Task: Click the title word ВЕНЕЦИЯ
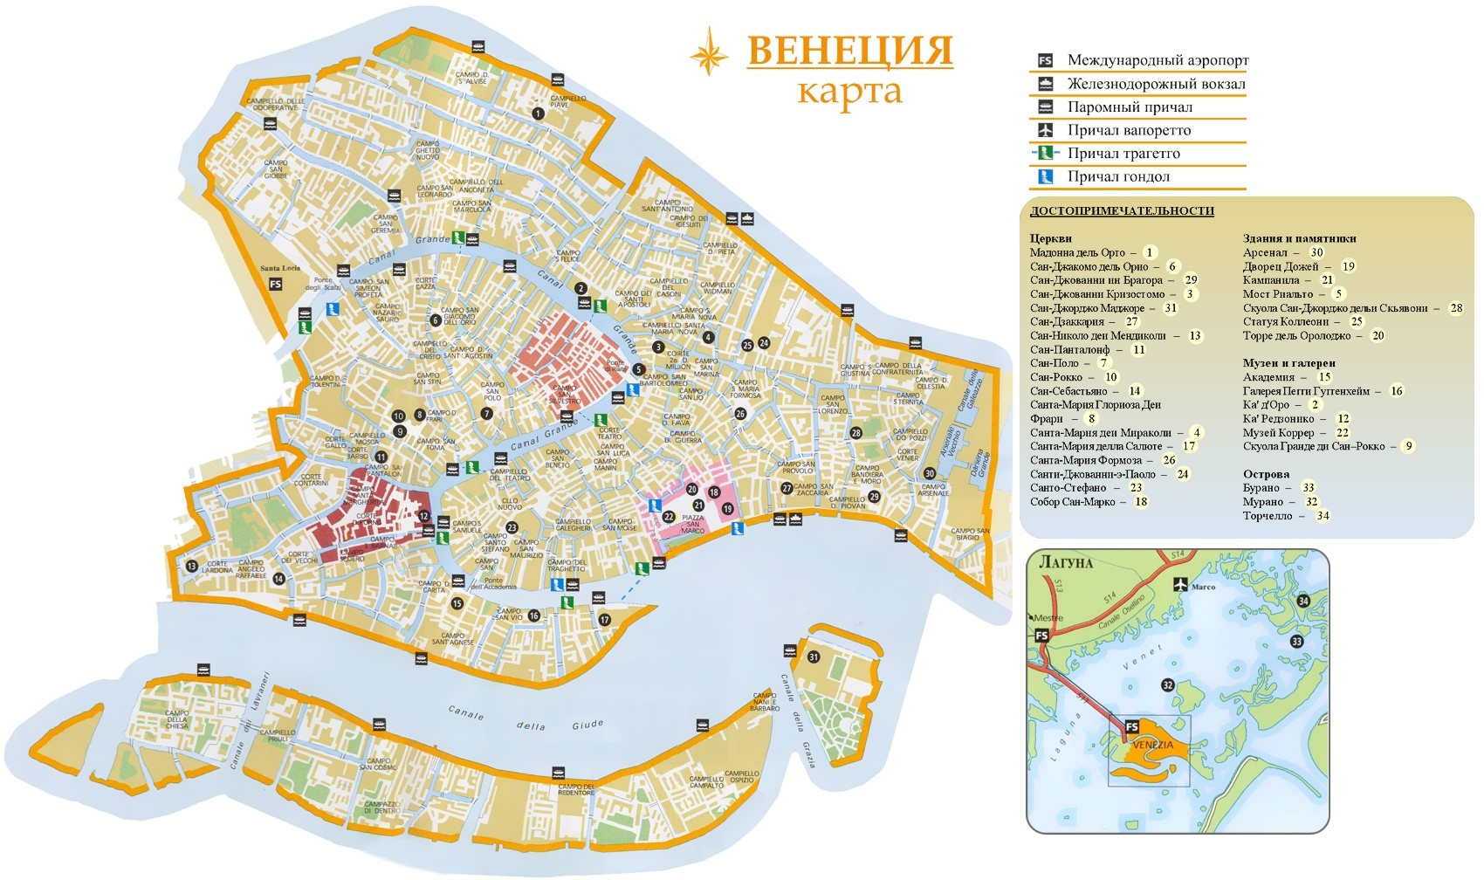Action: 849,51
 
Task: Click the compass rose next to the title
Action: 709,52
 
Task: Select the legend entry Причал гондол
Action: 1117,176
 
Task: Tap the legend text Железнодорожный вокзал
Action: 1156,84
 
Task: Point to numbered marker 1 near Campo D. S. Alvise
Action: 539,113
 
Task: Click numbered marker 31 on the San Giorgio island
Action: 814,657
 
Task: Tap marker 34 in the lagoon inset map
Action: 1303,601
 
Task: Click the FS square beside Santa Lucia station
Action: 276,284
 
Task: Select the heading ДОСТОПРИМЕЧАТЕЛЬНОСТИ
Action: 1122,211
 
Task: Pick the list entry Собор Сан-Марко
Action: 1076,502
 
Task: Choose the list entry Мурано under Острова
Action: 1263,502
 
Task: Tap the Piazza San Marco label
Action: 692,525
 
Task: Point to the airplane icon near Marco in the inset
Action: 1181,584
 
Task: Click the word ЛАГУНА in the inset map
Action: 1065,562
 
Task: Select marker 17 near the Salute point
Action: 605,620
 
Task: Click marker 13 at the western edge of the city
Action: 191,567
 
